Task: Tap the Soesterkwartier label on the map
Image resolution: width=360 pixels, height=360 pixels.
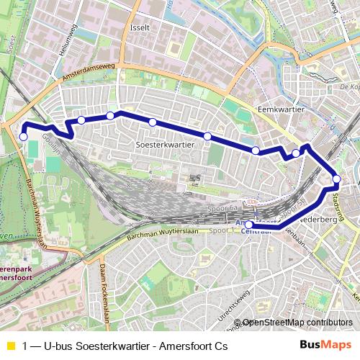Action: tap(165, 144)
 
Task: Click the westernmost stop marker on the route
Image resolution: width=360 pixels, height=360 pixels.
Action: tap(23, 137)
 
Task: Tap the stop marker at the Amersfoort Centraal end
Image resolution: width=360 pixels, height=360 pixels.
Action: tap(248, 225)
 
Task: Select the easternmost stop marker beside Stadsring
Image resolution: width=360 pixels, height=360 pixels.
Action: tap(336, 179)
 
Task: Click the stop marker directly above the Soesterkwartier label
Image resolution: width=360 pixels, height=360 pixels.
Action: tap(153, 122)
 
